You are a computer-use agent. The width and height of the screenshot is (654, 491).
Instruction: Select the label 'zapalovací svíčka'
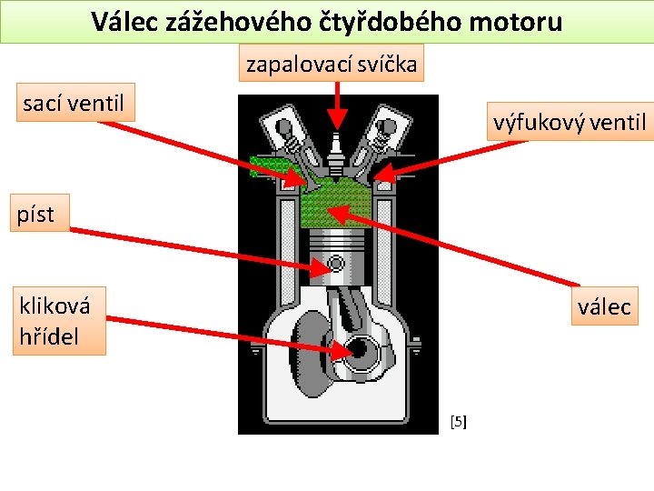click(x=332, y=64)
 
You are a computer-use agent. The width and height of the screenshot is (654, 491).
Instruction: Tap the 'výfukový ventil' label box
click(x=570, y=121)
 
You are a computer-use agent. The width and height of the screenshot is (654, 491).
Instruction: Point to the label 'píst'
click(x=36, y=215)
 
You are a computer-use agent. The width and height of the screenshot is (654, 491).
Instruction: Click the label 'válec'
click(x=603, y=306)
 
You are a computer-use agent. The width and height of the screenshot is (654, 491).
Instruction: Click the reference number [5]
click(x=459, y=421)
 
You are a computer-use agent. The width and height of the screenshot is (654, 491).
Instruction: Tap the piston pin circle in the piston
click(x=335, y=264)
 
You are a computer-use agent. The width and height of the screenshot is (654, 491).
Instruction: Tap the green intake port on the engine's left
click(x=268, y=166)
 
